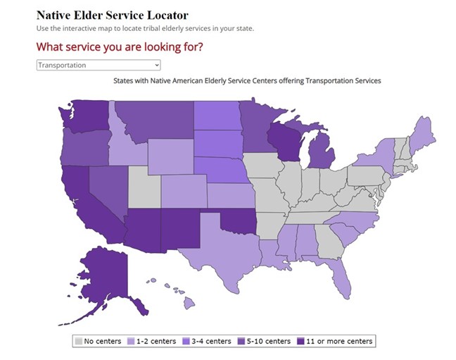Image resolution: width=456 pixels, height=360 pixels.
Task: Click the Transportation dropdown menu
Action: click(99, 65)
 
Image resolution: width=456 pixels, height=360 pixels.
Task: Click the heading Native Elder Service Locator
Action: click(113, 14)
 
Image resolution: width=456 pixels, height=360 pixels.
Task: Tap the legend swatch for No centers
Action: click(80, 341)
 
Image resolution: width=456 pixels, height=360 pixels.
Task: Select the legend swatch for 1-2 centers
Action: click(132, 341)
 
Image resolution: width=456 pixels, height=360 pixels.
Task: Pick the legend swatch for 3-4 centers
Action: click(186, 341)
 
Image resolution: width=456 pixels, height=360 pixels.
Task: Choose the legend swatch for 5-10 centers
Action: click(241, 341)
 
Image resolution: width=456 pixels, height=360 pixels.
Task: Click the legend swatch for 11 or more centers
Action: click(301, 341)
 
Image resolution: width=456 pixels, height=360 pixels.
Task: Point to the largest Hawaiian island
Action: click(189, 303)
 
